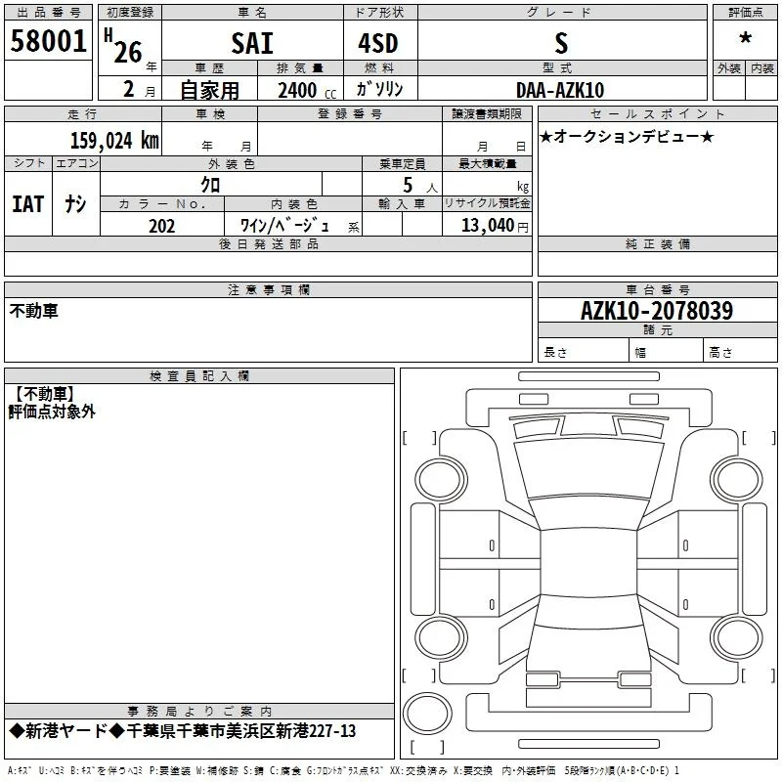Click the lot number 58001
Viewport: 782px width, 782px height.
coord(48,41)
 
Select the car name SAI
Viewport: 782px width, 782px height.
coord(252,43)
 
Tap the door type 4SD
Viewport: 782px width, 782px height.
coord(378,43)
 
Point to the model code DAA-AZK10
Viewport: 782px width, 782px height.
coord(560,90)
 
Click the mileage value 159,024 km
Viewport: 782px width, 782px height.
coord(114,141)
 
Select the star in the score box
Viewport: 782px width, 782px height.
coord(746,38)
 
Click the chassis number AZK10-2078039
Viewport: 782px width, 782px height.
coord(657,311)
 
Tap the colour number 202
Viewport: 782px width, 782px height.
coord(161,226)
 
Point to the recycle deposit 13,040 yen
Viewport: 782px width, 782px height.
coord(495,226)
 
